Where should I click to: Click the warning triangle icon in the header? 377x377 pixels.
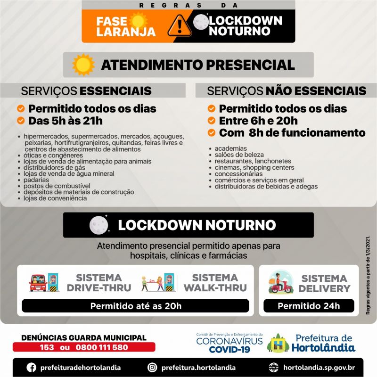(x=180, y=24)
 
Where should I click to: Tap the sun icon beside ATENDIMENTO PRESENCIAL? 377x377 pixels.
(x=83, y=65)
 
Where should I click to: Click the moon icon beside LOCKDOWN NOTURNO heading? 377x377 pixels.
(x=99, y=225)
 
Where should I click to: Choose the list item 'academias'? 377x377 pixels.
(x=230, y=148)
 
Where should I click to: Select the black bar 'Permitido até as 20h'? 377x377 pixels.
(x=135, y=306)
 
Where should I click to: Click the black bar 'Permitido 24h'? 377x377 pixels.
(x=308, y=306)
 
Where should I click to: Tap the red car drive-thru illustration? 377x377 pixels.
(x=44, y=283)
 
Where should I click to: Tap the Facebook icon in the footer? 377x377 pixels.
(x=32, y=367)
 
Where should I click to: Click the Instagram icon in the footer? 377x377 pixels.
(x=152, y=367)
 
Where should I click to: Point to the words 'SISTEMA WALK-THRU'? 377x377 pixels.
(x=214, y=283)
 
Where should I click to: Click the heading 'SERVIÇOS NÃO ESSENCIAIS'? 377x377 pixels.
(x=286, y=90)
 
